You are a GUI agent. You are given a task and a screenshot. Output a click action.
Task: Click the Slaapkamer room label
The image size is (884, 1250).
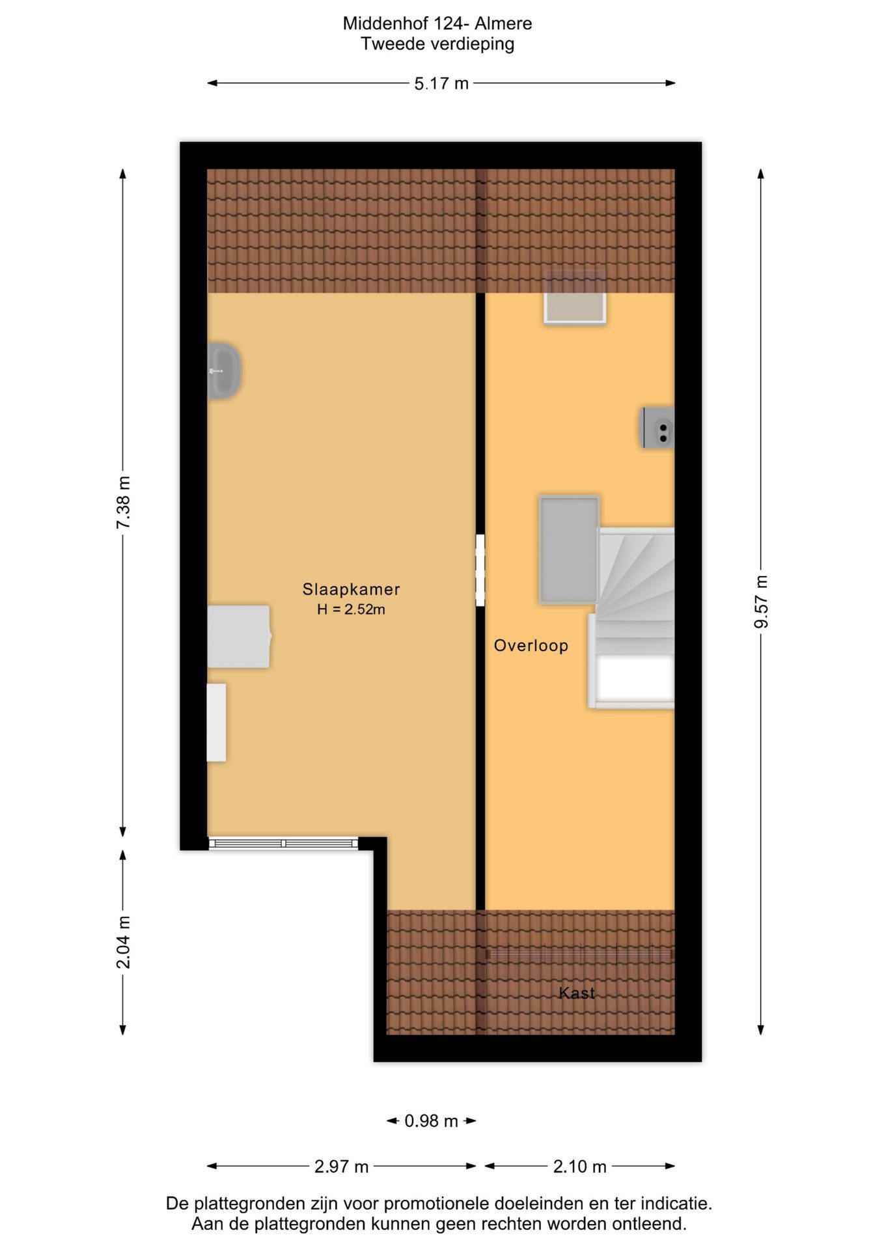(351, 589)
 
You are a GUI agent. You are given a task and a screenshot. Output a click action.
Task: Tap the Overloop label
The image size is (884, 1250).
(531, 646)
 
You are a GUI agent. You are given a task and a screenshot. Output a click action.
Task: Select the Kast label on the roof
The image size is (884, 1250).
(577, 993)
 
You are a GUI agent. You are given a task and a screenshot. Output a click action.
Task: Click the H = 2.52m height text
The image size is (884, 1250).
(351, 610)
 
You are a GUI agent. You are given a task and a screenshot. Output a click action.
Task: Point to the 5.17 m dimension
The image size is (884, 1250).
(441, 83)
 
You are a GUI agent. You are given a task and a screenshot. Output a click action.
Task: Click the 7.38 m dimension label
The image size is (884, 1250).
(123, 503)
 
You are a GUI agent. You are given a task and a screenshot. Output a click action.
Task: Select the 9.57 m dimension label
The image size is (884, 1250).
(761, 602)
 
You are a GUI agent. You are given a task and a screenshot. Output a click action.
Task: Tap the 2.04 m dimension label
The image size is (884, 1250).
(123, 942)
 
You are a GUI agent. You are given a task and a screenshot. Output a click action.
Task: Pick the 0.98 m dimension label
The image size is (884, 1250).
(431, 1121)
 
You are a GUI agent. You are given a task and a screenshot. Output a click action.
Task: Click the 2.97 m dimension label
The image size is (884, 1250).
(341, 1167)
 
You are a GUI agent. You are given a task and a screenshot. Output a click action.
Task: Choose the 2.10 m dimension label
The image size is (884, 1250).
(579, 1167)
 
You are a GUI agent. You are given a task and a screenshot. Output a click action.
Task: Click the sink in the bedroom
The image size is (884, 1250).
(224, 370)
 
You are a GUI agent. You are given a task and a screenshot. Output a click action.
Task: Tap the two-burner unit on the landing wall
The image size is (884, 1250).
(658, 428)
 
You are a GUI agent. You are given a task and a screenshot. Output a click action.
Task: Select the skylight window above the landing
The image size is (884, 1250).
(575, 297)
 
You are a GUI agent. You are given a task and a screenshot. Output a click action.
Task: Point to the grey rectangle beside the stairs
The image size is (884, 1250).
(569, 549)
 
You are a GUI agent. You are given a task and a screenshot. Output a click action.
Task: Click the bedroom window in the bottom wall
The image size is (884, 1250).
(283, 843)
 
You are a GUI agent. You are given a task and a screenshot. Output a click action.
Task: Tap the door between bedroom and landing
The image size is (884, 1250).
(480, 570)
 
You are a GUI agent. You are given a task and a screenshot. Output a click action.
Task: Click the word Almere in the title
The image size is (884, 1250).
(503, 23)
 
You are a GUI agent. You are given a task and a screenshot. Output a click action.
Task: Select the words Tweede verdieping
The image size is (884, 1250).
(437, 44)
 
